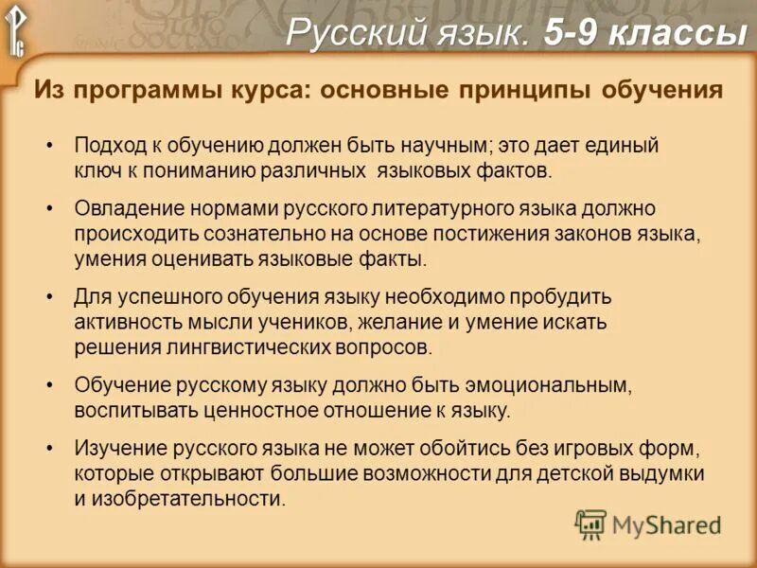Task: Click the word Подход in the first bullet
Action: click(107, 147)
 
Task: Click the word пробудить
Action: click(568, 296)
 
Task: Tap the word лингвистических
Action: click(245, 346)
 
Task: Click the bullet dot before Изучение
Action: click(49, 447)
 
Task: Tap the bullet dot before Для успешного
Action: click(49, 296)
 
